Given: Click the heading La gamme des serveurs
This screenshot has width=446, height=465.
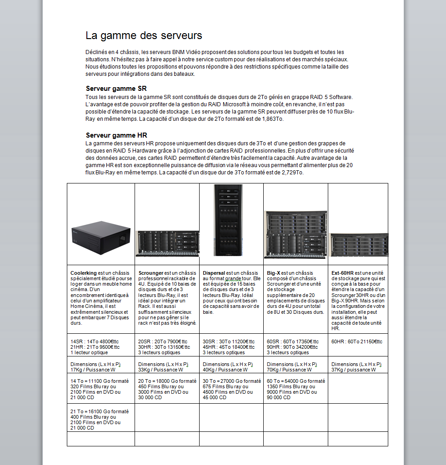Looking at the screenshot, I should click(x=144, y=35).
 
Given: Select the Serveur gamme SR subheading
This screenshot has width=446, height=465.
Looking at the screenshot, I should click(x=116, y=89).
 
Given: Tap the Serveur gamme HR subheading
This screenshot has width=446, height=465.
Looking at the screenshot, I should click(x=116, y=135).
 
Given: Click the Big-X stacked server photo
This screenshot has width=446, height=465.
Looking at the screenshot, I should click(x=296, y=235).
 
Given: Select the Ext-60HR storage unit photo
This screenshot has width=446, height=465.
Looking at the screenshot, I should click(x=359, y=245).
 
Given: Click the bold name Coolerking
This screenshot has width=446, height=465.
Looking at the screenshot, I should click(x=84, y=273).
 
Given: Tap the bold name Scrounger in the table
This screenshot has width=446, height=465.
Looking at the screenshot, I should click(x=151, y=273).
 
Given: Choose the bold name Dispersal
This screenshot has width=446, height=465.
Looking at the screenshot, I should click(x=214, y=273).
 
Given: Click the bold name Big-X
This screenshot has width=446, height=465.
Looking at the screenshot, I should click(x=274, y=273).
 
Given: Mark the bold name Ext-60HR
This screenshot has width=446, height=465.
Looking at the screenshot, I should click(x=342, y=273).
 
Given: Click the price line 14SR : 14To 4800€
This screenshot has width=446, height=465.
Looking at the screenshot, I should click(x=94, y=341).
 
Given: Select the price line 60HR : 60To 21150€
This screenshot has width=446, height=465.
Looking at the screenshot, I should click(x=357, y=341).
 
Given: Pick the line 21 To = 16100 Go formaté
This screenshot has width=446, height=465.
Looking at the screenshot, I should click(x=100, y=411).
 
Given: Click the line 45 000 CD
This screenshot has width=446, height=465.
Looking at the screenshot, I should click(x=215, y=397).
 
